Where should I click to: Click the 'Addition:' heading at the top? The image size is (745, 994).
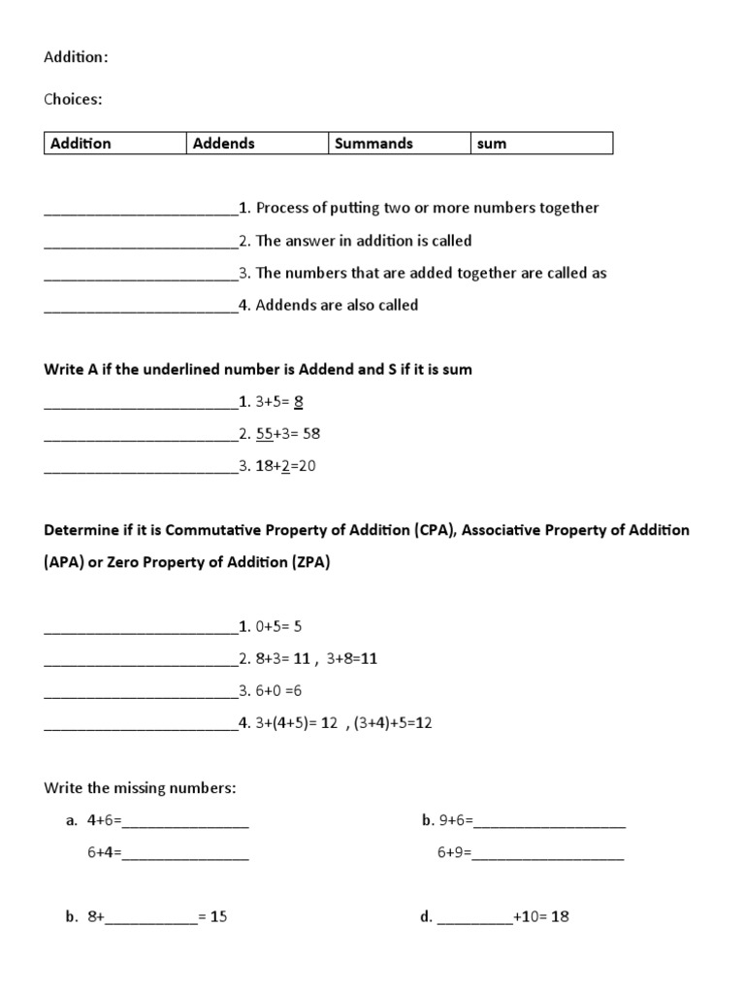(x=76, y=57)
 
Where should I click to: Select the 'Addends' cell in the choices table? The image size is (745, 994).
(x=224, y=144)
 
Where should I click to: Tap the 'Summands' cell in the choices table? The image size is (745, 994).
(x=373, y=144)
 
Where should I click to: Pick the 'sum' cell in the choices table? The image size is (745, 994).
(x=492, y=144)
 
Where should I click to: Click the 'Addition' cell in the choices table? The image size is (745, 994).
(x=81, y=144)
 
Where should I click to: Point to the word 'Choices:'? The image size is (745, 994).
(x=73, y=99)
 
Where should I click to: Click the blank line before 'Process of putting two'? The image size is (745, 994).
(x=141, y=209)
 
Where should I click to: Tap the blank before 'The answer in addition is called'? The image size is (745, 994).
(x=141, y=242)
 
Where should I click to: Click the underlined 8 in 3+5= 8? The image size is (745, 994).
(x=299, y=402)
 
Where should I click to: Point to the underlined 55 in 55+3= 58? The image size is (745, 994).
(x=265, y=434)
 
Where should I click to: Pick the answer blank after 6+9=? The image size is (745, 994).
(x=548, y=854)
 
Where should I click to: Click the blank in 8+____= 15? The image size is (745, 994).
(x=150, y=917)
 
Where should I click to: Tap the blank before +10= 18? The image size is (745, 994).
(x=474, y=917)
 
